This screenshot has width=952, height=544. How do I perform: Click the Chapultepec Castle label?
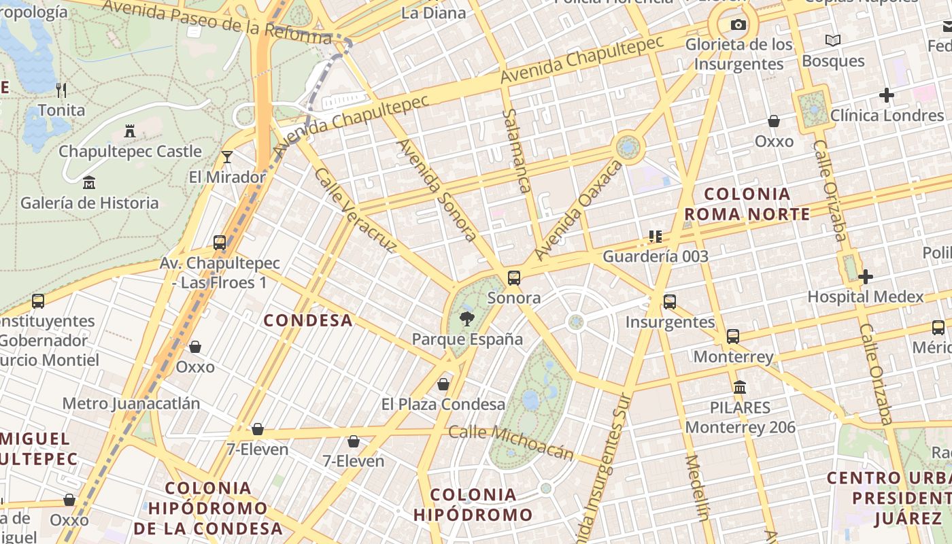130,151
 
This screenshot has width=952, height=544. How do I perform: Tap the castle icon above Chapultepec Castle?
130,131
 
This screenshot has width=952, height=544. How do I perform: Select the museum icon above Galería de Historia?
89,182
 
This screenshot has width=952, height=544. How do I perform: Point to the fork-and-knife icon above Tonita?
61,90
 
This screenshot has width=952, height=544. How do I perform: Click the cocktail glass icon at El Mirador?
227,157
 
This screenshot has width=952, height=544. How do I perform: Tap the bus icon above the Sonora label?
514,277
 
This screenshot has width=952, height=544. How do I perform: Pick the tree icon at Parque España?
467,318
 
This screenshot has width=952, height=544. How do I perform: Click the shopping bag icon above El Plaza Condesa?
443,384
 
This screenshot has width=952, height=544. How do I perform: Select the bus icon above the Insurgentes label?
670,301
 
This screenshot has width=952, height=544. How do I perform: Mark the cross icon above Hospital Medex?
865,277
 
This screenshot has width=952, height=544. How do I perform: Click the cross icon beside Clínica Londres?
886,95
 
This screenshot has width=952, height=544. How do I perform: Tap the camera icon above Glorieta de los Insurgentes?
738,25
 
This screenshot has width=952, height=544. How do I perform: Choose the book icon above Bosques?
832,41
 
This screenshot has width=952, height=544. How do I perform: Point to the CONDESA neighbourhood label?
308,320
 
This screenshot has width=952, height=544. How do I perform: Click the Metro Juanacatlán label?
131,403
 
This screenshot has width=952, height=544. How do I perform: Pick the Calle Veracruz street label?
354,211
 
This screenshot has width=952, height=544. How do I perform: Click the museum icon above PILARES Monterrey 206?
740,387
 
